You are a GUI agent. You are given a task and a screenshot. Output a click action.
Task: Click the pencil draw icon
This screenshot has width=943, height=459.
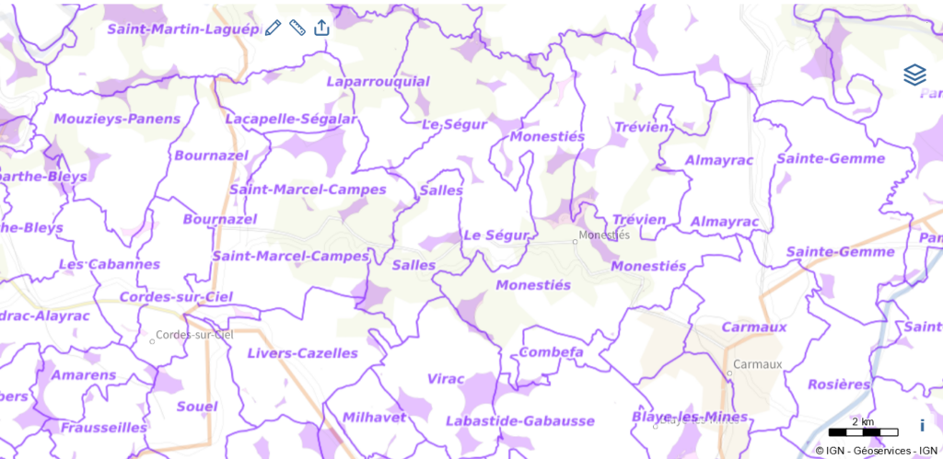click(x=273, y=28)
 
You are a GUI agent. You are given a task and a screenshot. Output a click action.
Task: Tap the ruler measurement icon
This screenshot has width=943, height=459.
click(x=297, y=28)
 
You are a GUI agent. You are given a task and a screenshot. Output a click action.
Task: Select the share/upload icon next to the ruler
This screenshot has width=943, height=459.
click(x=321, y=28)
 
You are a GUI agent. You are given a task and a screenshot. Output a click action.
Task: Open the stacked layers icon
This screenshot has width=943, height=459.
click(x=914, y=75)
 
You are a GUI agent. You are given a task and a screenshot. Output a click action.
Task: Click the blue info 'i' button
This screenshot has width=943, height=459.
click(x=922, y=425)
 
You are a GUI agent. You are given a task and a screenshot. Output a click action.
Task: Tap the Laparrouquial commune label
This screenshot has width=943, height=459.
click(x=373, y=83)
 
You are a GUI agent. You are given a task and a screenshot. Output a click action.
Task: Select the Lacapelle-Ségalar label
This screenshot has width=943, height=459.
click(x=291, y=119)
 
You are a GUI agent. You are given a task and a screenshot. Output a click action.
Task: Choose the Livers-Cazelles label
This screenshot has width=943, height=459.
click(x=302, y=353)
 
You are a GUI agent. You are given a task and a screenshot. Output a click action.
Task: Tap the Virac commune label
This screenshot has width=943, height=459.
click(x=448, y=378)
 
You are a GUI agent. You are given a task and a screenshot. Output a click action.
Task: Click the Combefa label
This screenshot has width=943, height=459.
click(x=552, y=352)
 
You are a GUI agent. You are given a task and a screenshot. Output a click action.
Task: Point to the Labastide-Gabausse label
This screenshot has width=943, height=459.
click(x=519, y=420)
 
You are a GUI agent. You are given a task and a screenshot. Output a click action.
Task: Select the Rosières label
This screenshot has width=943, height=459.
click(x=839, y=384)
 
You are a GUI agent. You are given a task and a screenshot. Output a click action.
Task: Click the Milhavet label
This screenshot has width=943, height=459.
click(x=374, y=417)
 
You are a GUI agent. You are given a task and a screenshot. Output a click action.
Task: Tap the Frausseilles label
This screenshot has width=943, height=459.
click(x=104, y=427)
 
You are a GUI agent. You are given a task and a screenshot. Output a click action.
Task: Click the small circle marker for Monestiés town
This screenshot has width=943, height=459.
click(x=575, y=242)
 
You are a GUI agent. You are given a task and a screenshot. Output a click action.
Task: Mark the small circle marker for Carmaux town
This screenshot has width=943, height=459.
click(x=728, y=373)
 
